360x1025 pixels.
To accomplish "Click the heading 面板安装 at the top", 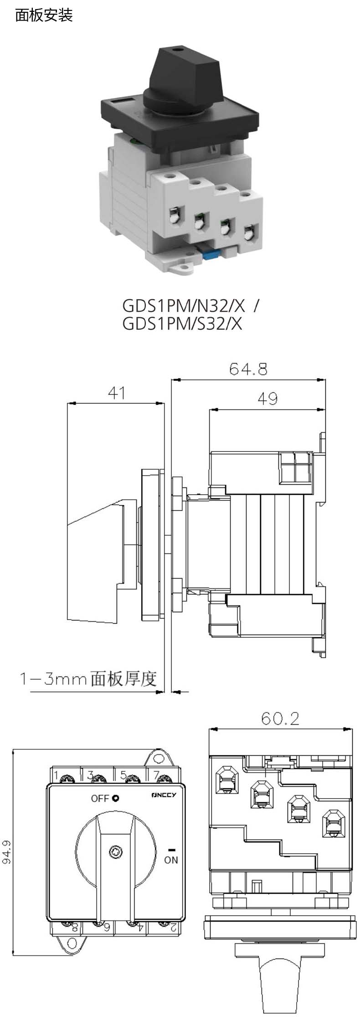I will coord(44,16).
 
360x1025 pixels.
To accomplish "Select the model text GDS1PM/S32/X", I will coord(182,323).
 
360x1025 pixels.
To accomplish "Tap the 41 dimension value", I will coord(116,393).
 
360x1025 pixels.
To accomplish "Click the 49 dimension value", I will coord(267,399).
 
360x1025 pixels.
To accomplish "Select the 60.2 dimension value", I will coord(280,719).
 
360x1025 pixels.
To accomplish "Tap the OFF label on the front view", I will coord(100,799).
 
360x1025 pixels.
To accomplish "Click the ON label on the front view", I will coord(171,860).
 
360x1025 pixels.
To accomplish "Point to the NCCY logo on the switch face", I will coord(166,795).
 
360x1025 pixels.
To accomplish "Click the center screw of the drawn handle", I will coord(115,851).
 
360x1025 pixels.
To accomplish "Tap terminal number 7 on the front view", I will coord(156,775).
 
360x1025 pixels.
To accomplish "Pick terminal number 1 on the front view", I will coord(56,775).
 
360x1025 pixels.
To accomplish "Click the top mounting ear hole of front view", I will coord(158,758).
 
